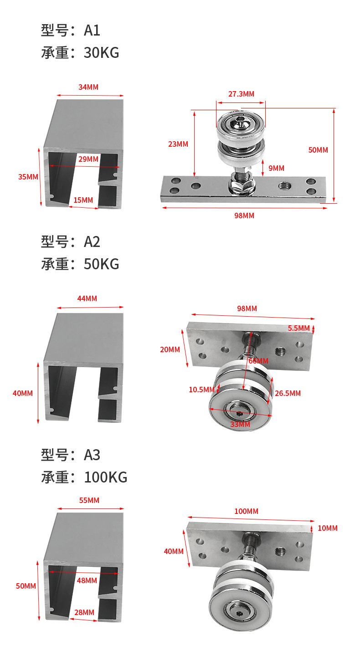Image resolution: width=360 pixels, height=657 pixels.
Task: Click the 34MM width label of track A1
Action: coord(88,87)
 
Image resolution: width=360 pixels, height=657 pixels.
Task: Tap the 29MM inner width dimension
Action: coord(88,159)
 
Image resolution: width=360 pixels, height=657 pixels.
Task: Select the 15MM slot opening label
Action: coord(83,200)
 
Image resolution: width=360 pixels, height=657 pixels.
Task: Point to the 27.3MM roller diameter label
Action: coord(241,94)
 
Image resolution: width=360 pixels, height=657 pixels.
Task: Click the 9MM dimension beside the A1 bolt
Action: coord(276,168)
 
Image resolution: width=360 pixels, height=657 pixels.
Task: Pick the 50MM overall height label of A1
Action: coord(318,150)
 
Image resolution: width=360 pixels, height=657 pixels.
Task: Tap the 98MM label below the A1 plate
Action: coord(244,216)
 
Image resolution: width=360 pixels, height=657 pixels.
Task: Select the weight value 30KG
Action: coord(101,53)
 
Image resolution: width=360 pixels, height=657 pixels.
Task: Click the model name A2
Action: coord(92,241)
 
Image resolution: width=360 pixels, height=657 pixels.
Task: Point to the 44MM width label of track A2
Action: coord(87,298)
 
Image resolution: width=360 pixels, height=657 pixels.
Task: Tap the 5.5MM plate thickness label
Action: coord(298,328)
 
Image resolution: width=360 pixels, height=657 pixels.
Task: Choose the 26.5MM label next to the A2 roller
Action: coord(288,393)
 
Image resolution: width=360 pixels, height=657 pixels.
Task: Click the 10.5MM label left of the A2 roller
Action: coord(201,390)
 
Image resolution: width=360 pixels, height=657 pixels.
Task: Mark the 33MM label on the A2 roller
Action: coord(240,424)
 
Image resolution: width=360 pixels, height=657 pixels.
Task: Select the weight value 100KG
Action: coord(105,477)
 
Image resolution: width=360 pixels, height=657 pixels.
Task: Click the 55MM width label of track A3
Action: coord(89,500)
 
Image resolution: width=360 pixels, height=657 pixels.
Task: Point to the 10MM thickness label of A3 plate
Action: coord(328,528)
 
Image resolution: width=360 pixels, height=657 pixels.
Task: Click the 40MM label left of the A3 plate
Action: coord(174,551)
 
